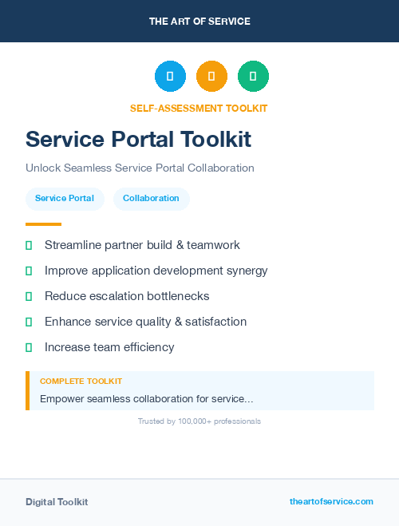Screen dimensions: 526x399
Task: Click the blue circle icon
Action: pyautogui.click(x=170, y=76)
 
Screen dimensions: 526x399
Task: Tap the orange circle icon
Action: pyautogui.click(x=211, y=76)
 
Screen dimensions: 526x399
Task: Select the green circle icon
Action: pyautogui.click(x=253, y=76)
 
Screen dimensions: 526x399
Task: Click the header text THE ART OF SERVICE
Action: pyautogui.click(x=199, y=22)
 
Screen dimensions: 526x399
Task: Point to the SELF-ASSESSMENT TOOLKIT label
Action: pyautogui.click(x=199, y=109)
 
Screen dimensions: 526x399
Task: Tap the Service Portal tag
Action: pyautogui.click(x=65, y=198)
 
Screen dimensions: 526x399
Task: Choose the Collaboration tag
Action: pyautogui.click(x=151, y=198)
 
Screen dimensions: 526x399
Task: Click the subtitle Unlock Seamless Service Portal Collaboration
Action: pyautogui.click(x=140, y=168)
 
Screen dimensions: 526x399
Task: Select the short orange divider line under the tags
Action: pyautogui.click(x=43, y=224)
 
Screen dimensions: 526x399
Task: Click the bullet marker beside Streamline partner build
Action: pyautogui.click(x=29, y=245)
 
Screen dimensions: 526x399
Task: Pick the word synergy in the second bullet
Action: pyautogui.click(x=246, y=271)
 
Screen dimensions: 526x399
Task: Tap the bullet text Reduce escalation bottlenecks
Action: pyautogui.click(x=127, y=296)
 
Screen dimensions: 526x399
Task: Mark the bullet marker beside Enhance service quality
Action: pyautogui.click(x=29, y=322)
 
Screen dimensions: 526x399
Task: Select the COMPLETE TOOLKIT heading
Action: pyautogui.click(x=81, y=382)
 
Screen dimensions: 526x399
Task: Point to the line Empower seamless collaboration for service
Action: pyautogui.click(x=147, y=398)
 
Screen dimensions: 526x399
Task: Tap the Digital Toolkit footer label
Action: pyautogui.click(x=57, y=502)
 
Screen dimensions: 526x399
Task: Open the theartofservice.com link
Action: pyautogui.click(x=331, y=501)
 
